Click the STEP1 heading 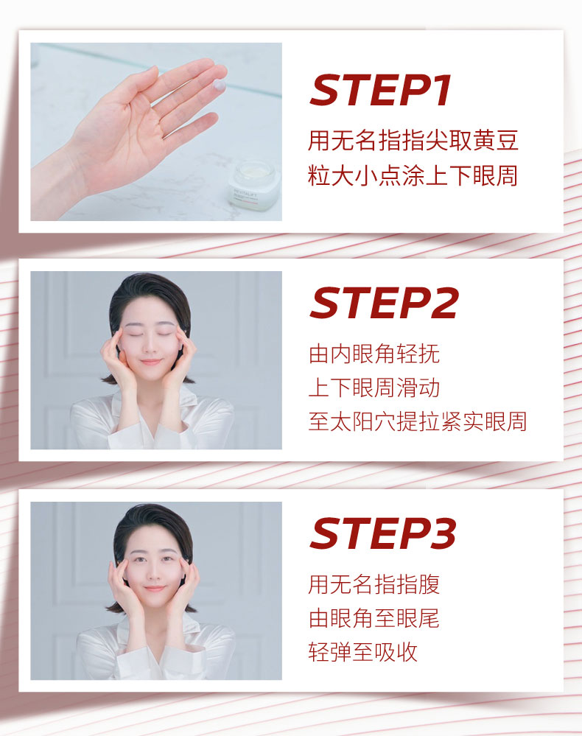tap(381, 90)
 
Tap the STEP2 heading tap(384, 303)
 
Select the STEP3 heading tap(383, 533)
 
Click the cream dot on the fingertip tap(220, 85)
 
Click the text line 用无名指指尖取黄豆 tap(413, 140)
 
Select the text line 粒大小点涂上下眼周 tap(413, 175)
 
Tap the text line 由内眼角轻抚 tap(374, 354)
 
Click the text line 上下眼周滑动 tap(374, 388)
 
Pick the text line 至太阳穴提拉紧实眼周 tap(418, 421)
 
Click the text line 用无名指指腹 tap(374, 584)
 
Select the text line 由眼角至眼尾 tap(374, 618)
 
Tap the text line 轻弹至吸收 tap(362, 652)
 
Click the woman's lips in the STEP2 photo tap(151, 362)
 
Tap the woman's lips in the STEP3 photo tap(154, 589)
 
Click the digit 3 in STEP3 tap(442, 533)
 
